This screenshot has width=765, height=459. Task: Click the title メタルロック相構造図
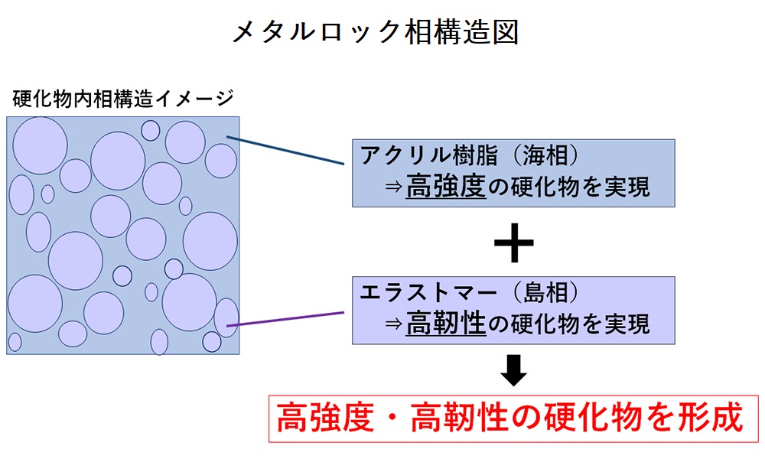[x=374, y=32]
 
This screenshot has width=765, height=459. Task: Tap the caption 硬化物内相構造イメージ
[x=123, y=99]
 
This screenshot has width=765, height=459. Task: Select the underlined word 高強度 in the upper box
[x=446, y=187]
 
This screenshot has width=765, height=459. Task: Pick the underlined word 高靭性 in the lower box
[x=446, y=324]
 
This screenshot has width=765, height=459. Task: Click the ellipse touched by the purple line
[x=226, y=317]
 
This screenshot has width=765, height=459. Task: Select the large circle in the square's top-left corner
[x=40, y=145]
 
